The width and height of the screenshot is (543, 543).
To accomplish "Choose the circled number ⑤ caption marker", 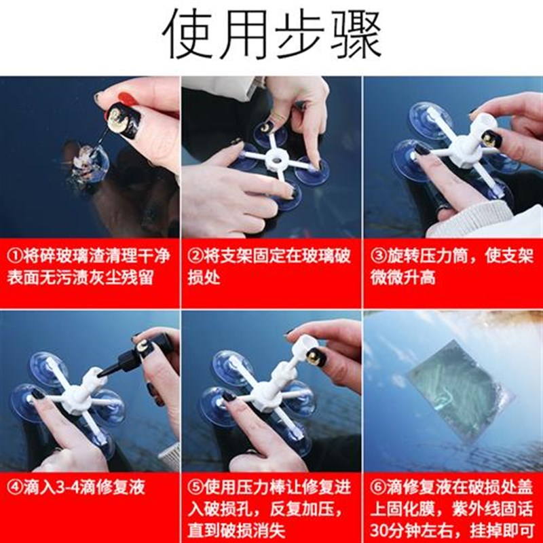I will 195,487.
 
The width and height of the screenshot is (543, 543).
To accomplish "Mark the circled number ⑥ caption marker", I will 377,487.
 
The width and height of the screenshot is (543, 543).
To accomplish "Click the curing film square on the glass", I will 453,397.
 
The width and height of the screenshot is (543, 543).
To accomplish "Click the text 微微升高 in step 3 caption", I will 407,279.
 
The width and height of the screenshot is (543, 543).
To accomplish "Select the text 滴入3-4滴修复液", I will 81,487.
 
